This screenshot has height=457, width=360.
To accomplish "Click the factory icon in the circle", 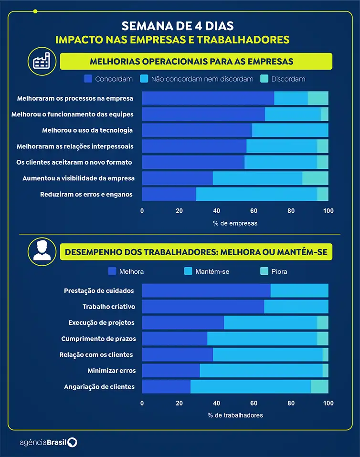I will tap(42, 62).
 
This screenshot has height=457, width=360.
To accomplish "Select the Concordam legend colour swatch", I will tap(88, 79).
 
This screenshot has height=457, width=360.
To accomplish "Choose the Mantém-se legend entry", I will tap(207, 271).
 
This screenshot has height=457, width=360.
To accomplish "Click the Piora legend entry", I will tap(274, 271).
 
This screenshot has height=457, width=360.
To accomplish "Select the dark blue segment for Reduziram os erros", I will tap(169, 194).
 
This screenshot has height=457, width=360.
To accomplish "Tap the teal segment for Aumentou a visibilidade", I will tap(315, 178).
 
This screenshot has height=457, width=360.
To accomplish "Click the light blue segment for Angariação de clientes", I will tap(250, 386).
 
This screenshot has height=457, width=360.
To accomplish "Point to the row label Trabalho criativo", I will tap(109, 307).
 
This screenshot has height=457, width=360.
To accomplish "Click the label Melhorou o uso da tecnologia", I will tap(87, 130).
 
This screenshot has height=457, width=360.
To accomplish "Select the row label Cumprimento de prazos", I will tap(98, 339).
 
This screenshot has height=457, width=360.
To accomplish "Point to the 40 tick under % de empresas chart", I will tap(216, 211).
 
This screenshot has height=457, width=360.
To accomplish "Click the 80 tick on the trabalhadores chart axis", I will tap(291, 403).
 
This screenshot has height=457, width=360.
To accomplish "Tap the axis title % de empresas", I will tap(235, 223).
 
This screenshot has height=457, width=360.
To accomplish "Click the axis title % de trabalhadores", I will tap(235, 415).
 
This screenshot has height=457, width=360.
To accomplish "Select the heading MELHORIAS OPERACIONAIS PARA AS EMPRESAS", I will tap(191, 62).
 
